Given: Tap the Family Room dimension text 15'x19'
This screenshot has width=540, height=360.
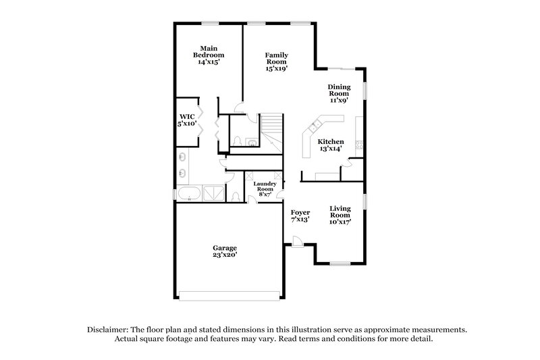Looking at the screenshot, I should [x=276, y=68].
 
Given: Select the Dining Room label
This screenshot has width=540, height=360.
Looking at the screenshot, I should [x=338, y=91].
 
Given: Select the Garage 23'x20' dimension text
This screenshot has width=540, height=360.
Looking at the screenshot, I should [x=225, y=256].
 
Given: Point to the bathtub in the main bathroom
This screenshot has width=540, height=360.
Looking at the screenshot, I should [x=188, y=195].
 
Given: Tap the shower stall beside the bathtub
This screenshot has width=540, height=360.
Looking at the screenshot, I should [x=213, y=194].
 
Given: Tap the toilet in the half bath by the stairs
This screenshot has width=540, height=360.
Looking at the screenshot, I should [x=240, y=141].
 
